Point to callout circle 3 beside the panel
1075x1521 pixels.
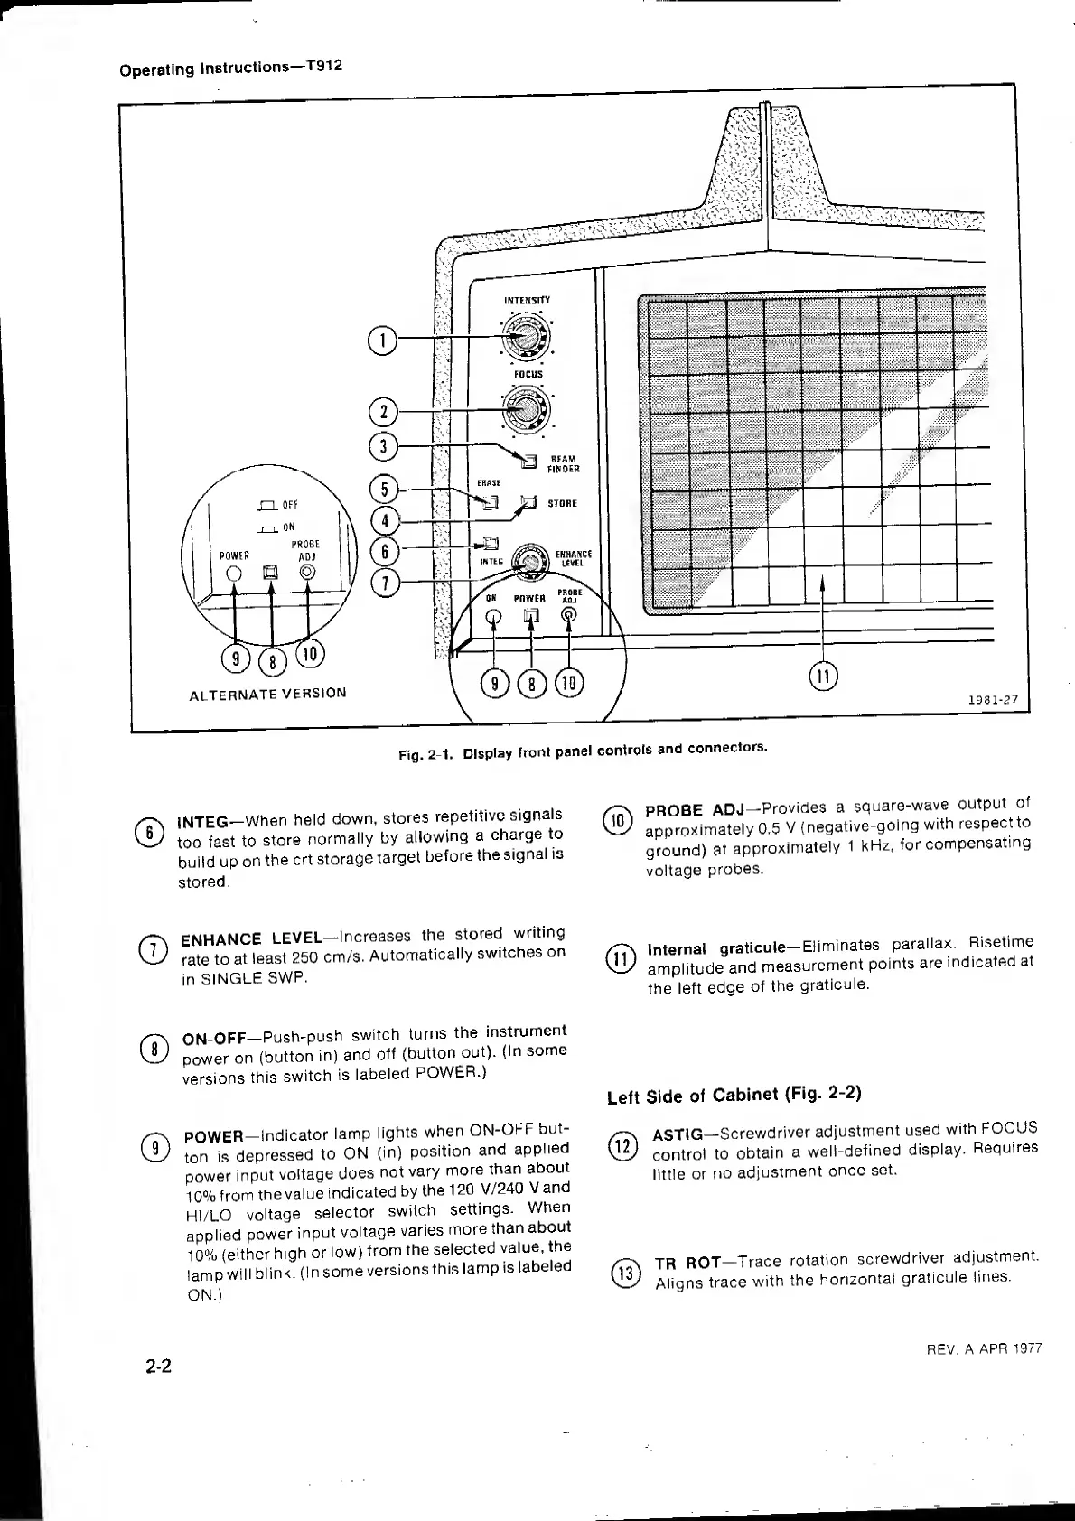(383, 446)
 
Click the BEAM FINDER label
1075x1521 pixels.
(564, 463)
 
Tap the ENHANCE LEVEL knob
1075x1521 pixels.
(531, 562)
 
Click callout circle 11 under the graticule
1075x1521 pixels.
(823, 675)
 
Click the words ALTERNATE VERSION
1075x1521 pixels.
(267, 694)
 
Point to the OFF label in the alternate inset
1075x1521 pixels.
(290, 505)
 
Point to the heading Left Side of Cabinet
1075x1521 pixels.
(734, 1095)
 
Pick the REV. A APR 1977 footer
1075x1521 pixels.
(984, 1348)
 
